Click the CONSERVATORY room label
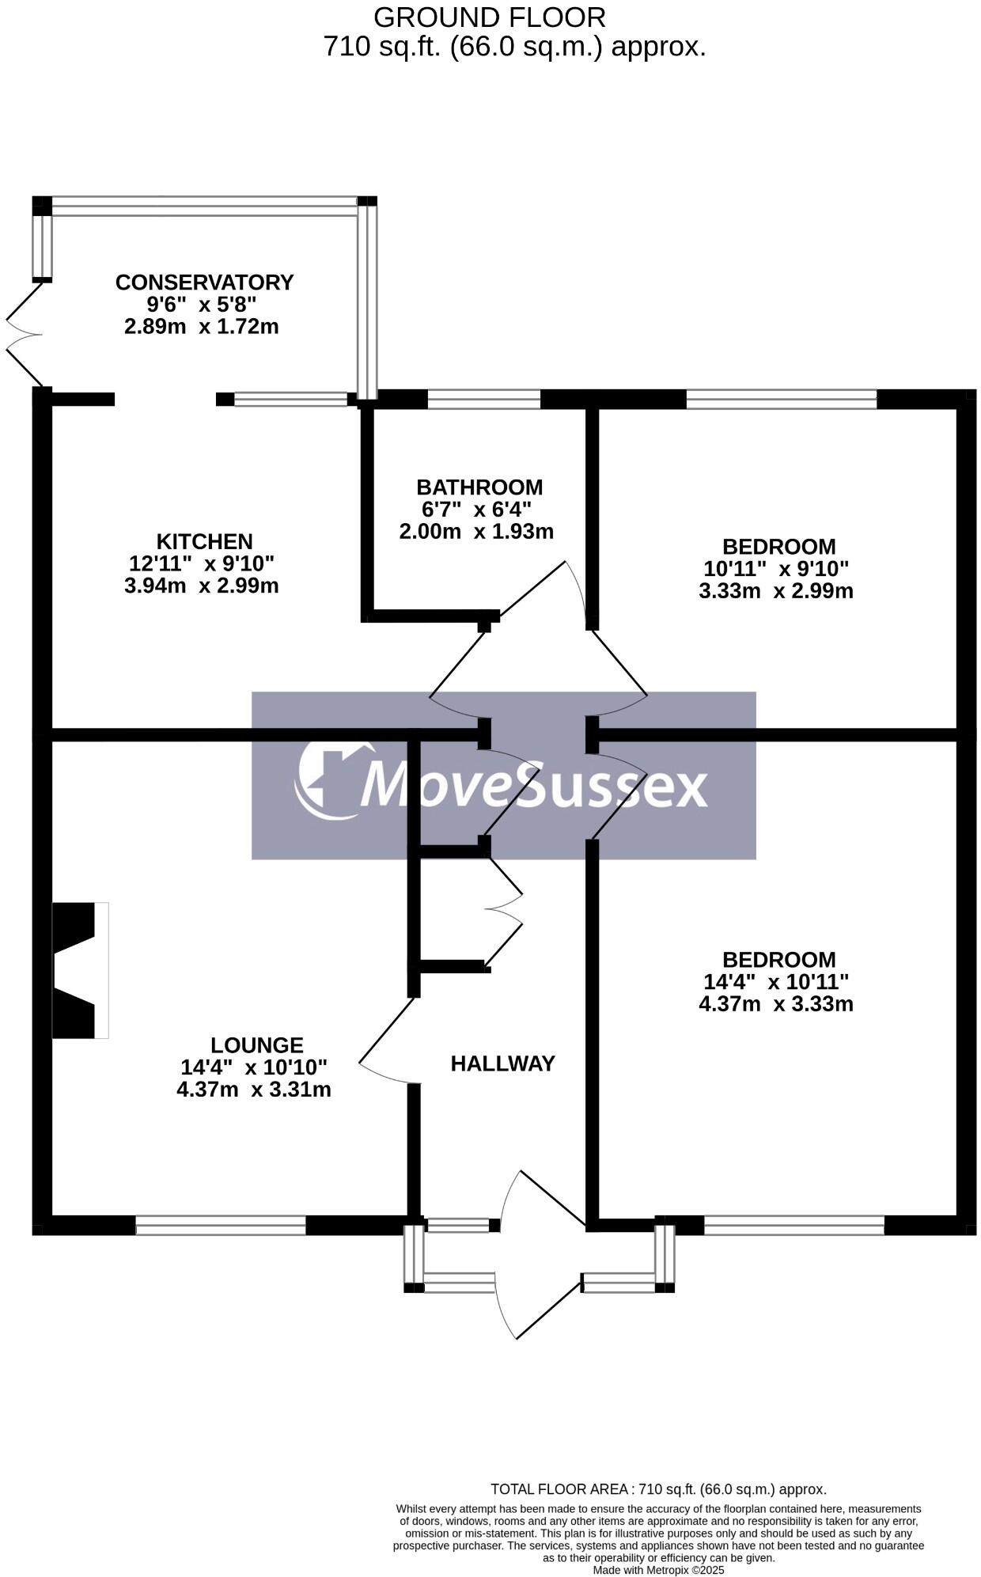tap(204, 282)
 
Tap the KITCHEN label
tap(204, 542)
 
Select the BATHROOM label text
tap(479, 487)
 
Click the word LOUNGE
tap(257, 1045)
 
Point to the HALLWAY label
tap(502, 1064)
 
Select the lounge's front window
tap(221, 1226)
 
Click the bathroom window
tap(483, 399)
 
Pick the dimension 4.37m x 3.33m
tap(775, 1005)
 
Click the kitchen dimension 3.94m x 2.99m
tap(201, 586)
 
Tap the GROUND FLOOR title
tap(489, 17)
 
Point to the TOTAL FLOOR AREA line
tap(658, 1489)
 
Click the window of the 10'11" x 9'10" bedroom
tap(781, 399)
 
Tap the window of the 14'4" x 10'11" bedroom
tap(794, 1226)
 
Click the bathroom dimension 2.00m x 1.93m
tap(476, 532)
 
